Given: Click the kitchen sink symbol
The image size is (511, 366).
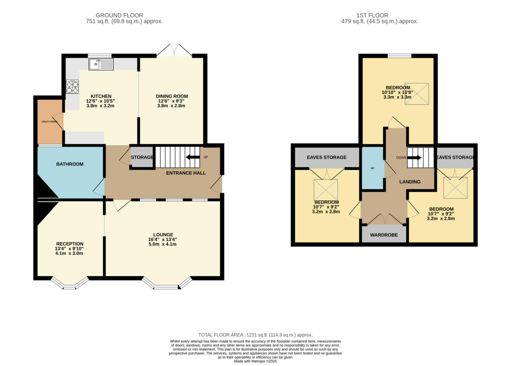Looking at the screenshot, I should pyautogui.click(x=101, y=64).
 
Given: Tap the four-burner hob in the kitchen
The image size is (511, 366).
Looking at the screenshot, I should pyautogui.click(x=72, y=87).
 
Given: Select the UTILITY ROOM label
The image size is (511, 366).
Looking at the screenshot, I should pyautogui.click(x=49, y=122).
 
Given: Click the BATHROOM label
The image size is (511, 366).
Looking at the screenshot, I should pyautogui.click(x=70, y=164).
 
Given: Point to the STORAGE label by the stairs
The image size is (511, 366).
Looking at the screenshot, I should pyautogui.click(x=142, y=158).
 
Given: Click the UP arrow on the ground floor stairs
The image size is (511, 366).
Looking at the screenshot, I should pyautogui.click(x=193, y=157).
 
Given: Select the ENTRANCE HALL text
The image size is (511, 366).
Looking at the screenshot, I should pyautogui.click(x=186, y=173).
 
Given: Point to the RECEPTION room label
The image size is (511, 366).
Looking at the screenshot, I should pyautogui.click(x=70, y=244).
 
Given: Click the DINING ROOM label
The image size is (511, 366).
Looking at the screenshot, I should pyautogui.click(x=172, y=96).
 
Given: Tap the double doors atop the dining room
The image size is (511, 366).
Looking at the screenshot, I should pyautogui.click(x=175, y=50).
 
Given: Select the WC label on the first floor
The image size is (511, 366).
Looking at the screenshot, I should pyautogui.click(x=372, y=168).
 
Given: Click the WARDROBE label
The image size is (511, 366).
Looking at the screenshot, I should pyautogui.click(x=384, y=235).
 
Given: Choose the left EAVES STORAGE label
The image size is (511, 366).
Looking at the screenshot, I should pyautogui.click(x=327, y=158).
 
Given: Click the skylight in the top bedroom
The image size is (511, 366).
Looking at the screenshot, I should pyautogui.click(x=417, y=93).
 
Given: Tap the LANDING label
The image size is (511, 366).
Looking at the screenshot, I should pyautogui.click(x=410, y=182).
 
